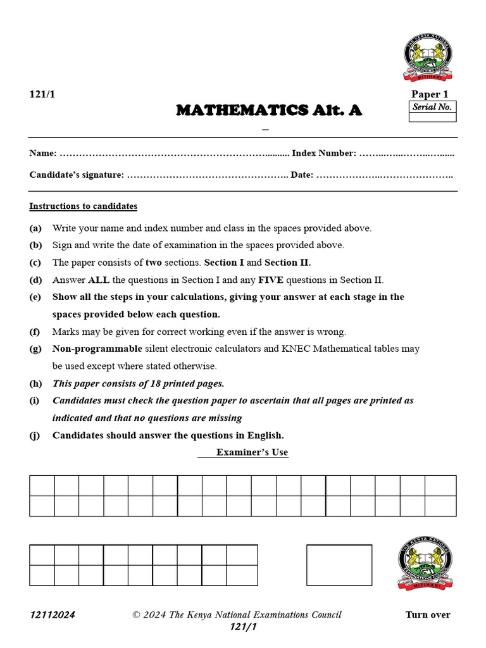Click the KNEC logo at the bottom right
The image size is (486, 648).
coord(425,565)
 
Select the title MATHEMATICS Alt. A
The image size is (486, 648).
coord(269,110)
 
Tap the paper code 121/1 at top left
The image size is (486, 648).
coord(42,94)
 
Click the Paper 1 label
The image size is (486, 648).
coord(430,94)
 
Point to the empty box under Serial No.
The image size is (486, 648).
coord(432,117)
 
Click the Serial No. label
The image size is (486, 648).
coord(432,107)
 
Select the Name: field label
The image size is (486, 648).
coord(43,153)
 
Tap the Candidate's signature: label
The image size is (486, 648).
coord(77,175)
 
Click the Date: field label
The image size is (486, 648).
coord(302,175)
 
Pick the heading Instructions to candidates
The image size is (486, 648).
coord(83,206)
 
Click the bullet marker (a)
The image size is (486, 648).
coord(35,228)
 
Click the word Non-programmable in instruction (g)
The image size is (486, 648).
coord(97,349)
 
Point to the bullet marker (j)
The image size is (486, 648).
coord(35,435)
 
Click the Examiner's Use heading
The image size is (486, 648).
coord(252,452)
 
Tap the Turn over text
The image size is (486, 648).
coord(428,614)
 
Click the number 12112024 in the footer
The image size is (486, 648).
coord(52,615)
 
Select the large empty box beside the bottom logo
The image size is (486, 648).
coord(339,565)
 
